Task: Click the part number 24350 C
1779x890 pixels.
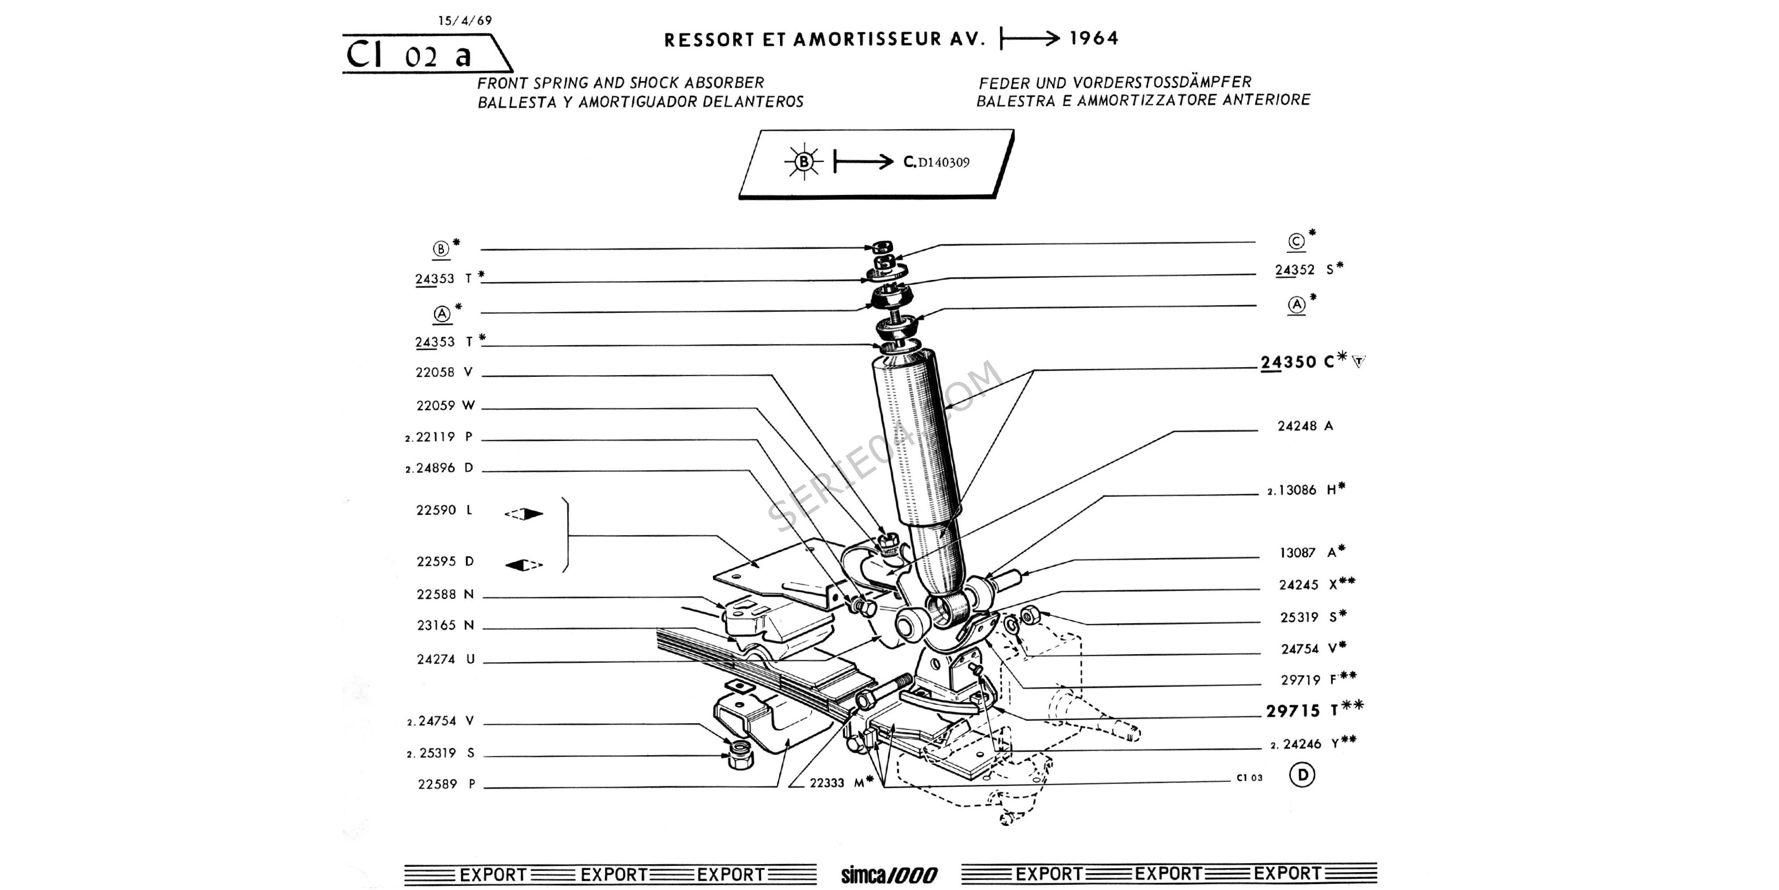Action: tap(1297, 362)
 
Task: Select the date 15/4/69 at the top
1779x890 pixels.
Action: tap(465, 21)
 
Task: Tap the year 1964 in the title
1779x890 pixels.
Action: tap(1094, 39)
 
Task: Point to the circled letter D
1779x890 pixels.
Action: tap(1303, 775)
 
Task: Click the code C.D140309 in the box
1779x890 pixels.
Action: tap(937, 162)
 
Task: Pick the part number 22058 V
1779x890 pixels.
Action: tap(444, 372)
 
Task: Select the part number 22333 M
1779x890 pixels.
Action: tap(836, 783)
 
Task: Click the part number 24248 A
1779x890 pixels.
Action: tap(1304, 426)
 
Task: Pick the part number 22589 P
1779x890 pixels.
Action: tap(446, 784)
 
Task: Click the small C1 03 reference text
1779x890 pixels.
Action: tap(1248, 778)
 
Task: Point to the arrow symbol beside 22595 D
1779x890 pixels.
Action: tap(523, 565)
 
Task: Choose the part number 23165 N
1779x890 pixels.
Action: tap(446, 625)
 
